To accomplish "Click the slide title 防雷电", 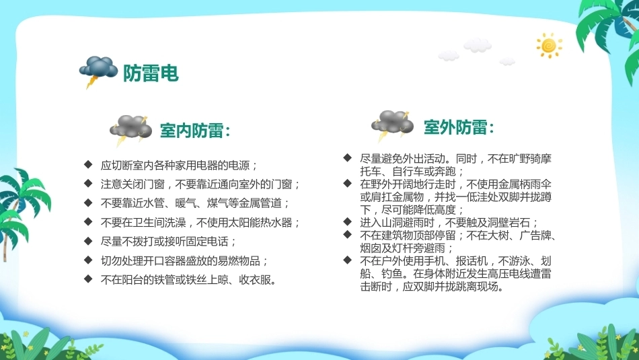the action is tap(151, 73).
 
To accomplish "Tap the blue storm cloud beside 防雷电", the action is tap(98, 69).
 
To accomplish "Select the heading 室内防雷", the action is tap(195, 131).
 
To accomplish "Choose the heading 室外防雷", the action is tap(459, 127).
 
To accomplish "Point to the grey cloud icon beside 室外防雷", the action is tap(392, 124).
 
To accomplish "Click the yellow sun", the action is tap(549, 45).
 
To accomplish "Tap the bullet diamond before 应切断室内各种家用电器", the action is tap(88, 164).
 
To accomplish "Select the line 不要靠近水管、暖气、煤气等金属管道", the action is tap(195, 203).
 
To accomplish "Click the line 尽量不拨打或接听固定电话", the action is tap(168, 242).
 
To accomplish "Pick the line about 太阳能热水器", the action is tap(200, 222).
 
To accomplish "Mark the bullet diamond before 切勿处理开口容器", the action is tap(88, 260).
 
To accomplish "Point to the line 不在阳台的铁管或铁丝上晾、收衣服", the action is tap(189, 280).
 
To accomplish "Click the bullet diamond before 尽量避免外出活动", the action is tap(347, 157).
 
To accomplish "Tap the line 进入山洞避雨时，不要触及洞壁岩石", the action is tap(449, 223).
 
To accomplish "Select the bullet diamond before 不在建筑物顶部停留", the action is tap(347, 234).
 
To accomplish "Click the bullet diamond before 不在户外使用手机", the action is tap(347, 260).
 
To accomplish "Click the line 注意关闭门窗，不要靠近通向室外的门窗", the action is tap(200, 184).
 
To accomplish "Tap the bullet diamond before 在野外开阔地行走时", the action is tap(347, 183).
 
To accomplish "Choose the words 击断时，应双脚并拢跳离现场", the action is tap(432, 286).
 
